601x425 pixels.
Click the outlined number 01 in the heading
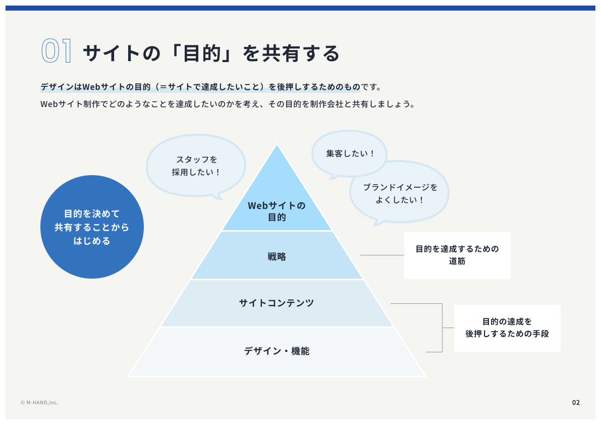click(57, 50)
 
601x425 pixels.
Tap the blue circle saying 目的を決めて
click(92, 227)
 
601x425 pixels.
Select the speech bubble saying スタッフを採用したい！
click(196, 166)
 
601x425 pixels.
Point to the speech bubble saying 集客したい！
click(349, 154)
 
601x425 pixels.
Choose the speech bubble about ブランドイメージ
click(399, 192)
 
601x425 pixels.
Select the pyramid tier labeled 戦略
click(277, 255)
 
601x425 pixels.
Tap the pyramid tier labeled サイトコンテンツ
click(277, 303)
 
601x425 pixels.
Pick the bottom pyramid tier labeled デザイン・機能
click(277, 351)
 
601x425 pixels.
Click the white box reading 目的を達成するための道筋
click(457, 255)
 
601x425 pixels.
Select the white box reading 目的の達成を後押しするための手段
click(507, 328)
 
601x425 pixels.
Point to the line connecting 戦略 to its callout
click(382, 255)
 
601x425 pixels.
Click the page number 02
click(576, 402)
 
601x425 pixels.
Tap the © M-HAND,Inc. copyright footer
click(39, 402)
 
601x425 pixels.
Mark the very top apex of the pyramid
click(277, 144)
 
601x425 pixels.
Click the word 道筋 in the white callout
click(457, 261)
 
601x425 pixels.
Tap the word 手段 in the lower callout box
click(540, 334)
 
